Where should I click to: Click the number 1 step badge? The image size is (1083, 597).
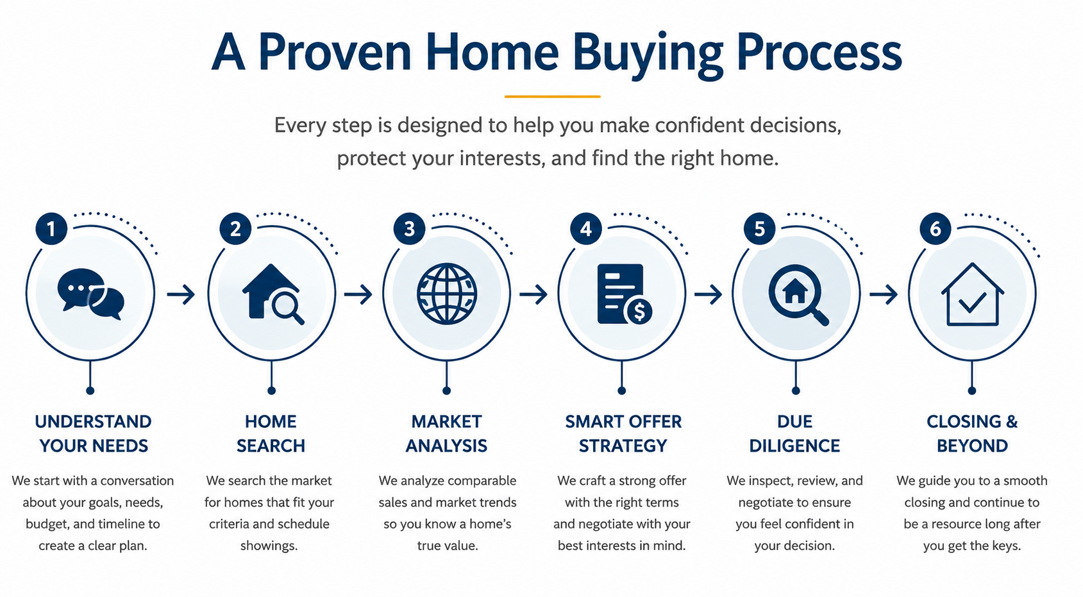(51, 229)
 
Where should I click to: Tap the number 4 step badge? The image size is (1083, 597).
(586, 229)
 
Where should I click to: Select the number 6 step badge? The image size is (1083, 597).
(936, 229)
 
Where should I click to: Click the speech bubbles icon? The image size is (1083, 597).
(90, 294)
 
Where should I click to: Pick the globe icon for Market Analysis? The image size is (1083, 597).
(447, 294)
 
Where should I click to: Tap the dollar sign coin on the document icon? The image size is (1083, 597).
(639, 311)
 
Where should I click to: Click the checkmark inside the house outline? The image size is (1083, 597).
(972, 303)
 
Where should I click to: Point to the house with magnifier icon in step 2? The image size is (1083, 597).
(273, 294)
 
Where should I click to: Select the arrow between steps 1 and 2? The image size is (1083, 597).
(181, 294)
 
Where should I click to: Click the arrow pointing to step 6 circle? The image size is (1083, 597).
(884, 294)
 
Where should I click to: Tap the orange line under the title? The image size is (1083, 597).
(552, 97)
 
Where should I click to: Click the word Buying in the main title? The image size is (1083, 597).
(648, 54)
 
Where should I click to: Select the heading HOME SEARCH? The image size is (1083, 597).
(271, 433)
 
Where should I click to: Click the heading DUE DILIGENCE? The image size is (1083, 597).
(795, 433)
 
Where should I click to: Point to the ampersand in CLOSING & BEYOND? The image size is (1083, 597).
(1011, 421)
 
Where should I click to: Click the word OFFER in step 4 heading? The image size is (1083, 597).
(655, 421)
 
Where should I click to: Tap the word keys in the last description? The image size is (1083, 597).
(1006, 546)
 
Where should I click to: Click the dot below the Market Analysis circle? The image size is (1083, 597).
(447, 391)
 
